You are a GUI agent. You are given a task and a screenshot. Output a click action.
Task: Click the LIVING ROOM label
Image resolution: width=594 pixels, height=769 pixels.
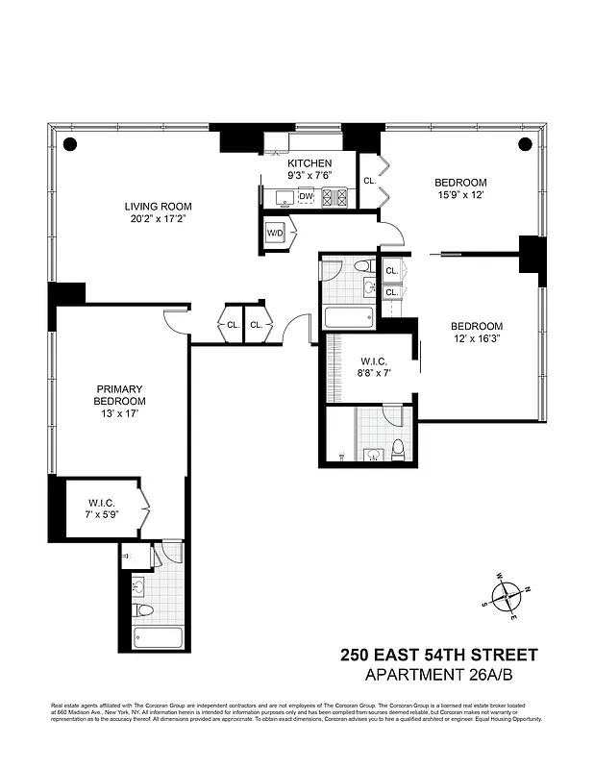pos(158,206)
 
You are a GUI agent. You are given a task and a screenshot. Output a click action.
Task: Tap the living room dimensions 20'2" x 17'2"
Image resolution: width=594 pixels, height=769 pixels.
pos(158,219)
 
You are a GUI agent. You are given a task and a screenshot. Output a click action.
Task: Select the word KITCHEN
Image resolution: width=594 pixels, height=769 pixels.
pos(309,163)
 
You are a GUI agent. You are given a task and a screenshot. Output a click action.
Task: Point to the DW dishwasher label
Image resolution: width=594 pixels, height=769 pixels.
pos(307,197)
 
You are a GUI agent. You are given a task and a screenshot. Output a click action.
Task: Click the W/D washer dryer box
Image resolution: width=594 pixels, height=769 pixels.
pos(275,234)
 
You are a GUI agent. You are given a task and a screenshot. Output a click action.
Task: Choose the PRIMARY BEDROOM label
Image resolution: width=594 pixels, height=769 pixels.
pos(119,394)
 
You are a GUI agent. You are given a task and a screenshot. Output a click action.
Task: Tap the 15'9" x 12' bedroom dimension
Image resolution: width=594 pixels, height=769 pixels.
pos(460,196)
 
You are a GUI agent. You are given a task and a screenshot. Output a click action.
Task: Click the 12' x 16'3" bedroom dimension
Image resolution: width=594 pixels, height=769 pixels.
pos(478,339)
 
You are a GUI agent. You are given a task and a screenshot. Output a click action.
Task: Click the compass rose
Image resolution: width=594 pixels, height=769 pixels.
pos(507,594)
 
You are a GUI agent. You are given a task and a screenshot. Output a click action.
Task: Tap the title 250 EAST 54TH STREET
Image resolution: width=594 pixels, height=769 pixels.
pos(439,655)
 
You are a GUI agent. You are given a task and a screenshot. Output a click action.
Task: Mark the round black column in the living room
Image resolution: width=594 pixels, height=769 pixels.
pos(69,144)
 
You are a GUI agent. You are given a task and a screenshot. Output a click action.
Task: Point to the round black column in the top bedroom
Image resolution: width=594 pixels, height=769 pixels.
pos(525,144)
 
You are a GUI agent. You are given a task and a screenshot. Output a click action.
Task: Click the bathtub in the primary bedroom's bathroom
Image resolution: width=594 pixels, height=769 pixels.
pos(158,637)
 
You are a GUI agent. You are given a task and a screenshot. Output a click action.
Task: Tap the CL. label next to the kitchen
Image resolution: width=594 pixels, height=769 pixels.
pos(369,180)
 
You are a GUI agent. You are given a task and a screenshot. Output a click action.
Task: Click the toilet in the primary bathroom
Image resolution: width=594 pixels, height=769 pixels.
pos(143,609)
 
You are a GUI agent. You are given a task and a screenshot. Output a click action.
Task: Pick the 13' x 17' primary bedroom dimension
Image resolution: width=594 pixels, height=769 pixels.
pos(119,414)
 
